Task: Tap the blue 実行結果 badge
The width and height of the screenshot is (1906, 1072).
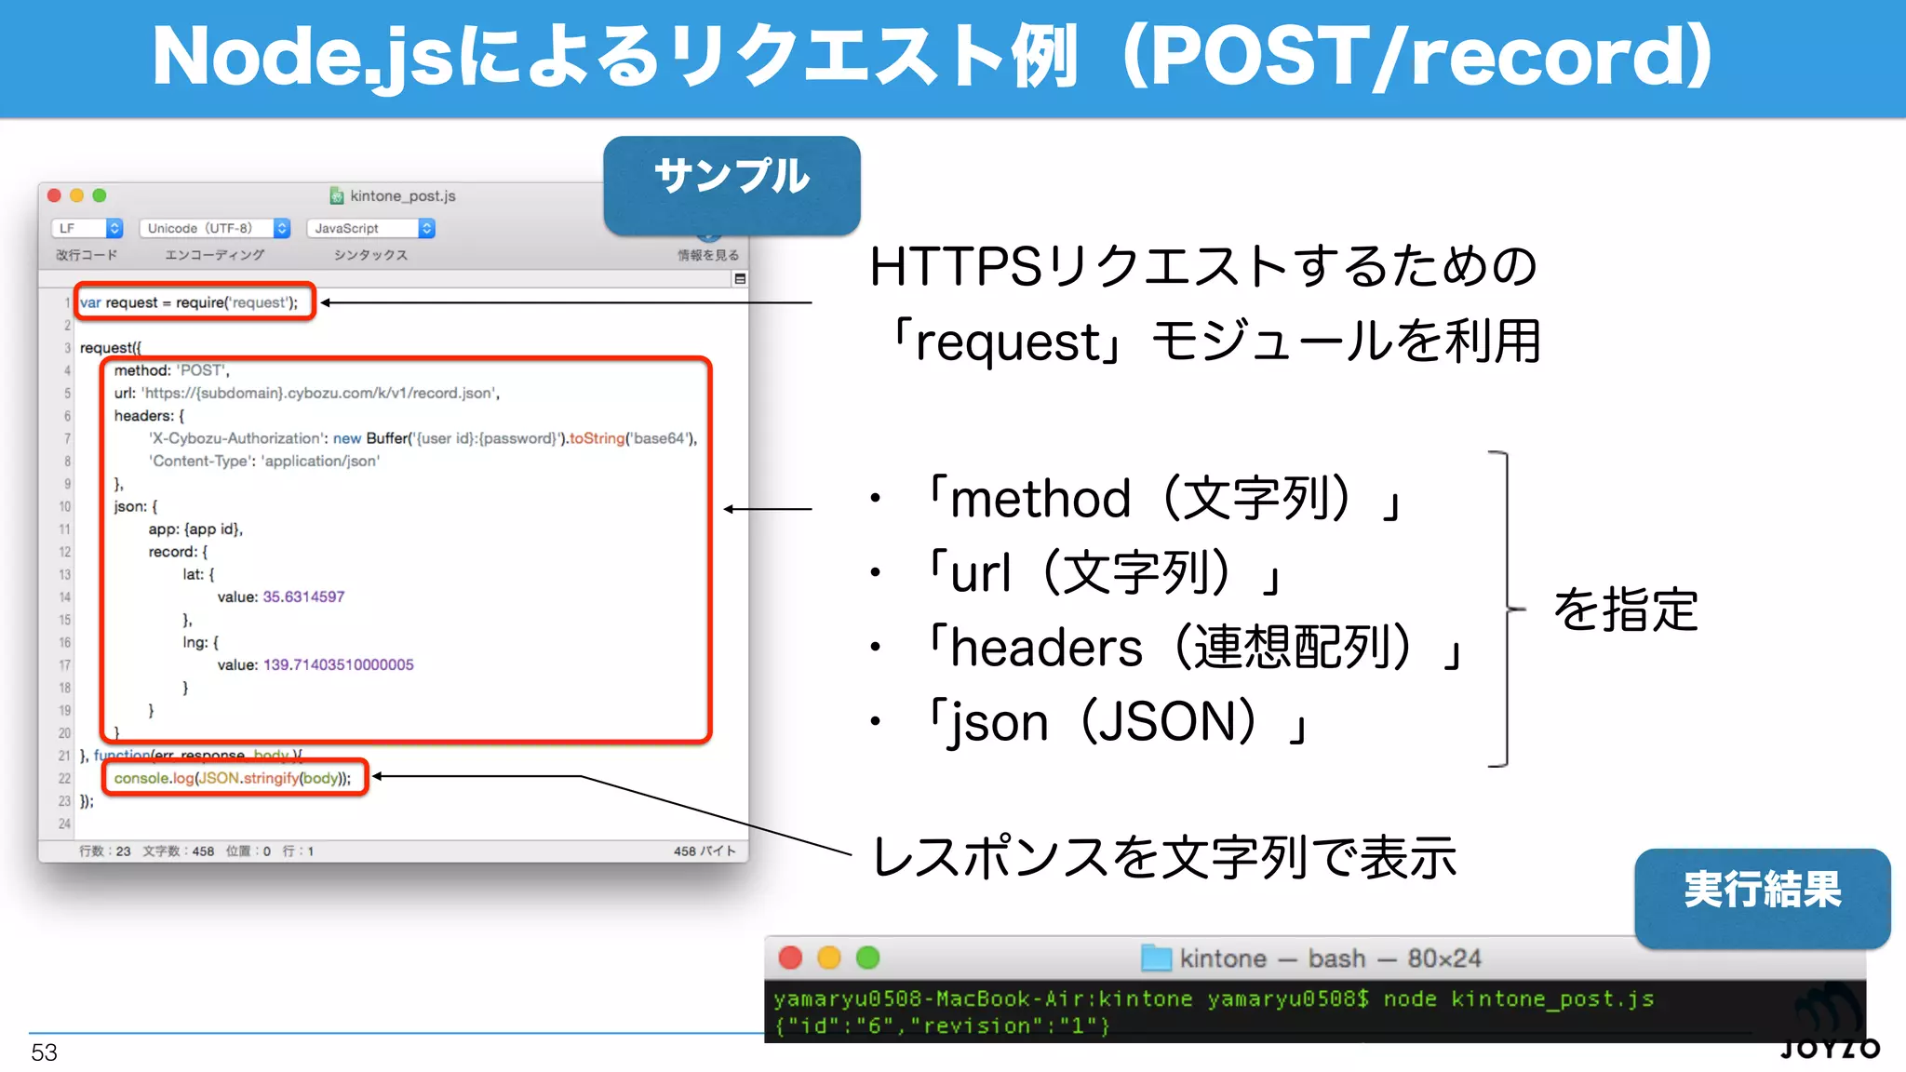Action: click(x=1762, y=894)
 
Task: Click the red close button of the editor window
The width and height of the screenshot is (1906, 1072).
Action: click(x=54, y=195)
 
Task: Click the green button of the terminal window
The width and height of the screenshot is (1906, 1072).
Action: click(x=867, y=958)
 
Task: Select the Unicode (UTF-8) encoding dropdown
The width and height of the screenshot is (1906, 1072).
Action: click(x=215, y=228)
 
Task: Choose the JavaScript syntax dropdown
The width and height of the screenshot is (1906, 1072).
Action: click(x=370, y=228)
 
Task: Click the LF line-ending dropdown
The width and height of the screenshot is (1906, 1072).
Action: click(x=87, y=228)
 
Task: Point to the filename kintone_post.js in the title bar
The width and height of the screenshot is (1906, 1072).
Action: click(x=402, y=196)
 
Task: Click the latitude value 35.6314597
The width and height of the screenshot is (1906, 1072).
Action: click(x=303, y=596)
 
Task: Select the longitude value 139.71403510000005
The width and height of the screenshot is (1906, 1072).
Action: click(x=339, y=664)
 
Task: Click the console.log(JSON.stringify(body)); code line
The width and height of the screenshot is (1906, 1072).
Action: click(x=233, y=778)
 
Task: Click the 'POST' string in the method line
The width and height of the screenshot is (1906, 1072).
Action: click(x=202, y=370)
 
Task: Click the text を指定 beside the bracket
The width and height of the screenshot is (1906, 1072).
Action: click(x=1625, y=610)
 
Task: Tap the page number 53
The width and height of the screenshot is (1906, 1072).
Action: click(x=44, y=1052)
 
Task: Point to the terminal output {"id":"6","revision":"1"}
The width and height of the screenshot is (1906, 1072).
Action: click(x=942, y=1025)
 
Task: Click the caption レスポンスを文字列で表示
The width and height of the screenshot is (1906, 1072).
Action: click(x=1163, y=857)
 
